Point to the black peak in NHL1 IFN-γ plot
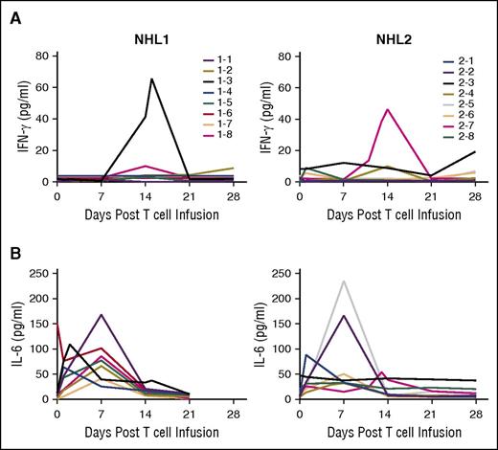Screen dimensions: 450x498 (x=151, y=79)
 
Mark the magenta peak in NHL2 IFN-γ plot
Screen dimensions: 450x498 (x=387, y=109)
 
